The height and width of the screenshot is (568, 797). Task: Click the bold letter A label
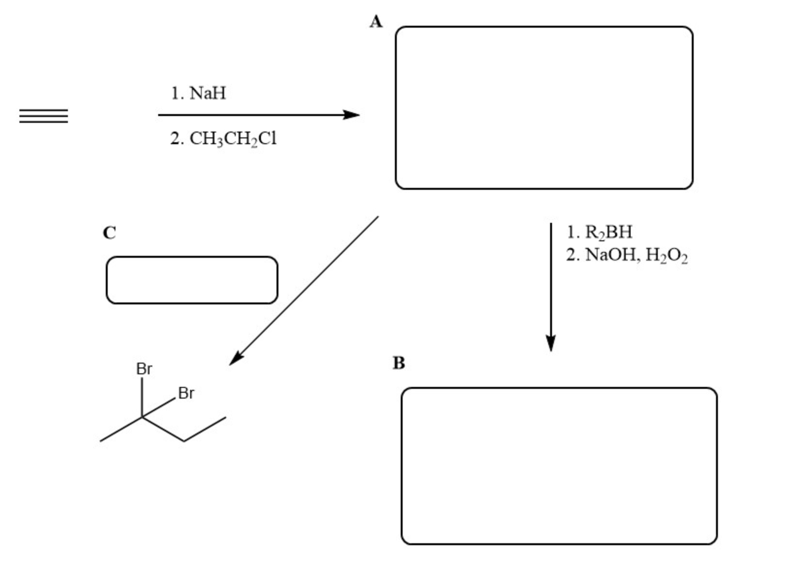(x=376, y=22)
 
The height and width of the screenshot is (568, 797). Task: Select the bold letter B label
(x=398, y=363)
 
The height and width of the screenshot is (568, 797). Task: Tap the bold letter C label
(x=109, y=233)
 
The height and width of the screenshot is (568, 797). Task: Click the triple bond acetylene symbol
(x=44, y=116)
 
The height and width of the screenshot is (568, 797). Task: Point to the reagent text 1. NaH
(x=198, y=93)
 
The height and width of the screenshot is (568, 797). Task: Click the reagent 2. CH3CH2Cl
(x=223, y=139)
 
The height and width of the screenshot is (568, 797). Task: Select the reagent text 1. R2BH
(x=600, y=232)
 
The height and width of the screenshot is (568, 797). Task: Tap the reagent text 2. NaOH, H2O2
(x=627, y=255)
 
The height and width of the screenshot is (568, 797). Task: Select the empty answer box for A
(x=544, y=108)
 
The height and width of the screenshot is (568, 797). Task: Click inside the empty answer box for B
(x=559, y=466)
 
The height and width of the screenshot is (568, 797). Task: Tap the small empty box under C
(x=192, y=280)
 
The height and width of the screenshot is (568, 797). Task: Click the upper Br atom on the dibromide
(x=144, y=369)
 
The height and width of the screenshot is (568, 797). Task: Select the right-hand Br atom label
(x=186, y=393)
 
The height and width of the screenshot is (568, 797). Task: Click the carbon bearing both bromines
(x=142, y=417)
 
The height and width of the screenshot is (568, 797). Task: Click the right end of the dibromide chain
(x=225, y=417)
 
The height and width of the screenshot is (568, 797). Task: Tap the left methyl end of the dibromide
(x=101, y=441)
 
